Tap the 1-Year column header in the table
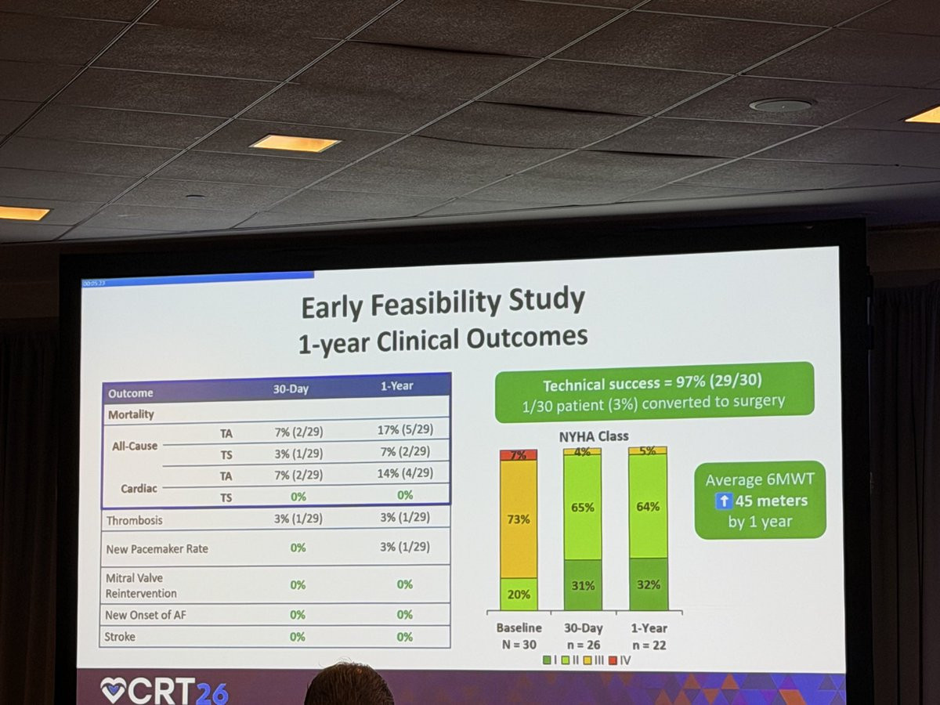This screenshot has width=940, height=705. tap(396, 386)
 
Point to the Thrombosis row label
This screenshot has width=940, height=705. tap(135, 519)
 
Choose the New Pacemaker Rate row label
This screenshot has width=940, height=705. tap(157, 549)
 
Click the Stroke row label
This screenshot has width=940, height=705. tap(120, 637)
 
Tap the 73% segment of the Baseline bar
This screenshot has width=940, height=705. tap(519, 519)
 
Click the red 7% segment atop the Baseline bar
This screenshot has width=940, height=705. tap(519, 455)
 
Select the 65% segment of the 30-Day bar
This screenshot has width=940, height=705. tap(582, 507)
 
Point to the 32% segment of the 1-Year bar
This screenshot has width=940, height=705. tap(648, 584)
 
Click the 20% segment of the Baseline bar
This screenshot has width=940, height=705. tap(519, 594)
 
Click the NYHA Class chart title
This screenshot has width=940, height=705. tap(593, 436)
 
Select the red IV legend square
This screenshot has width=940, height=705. tap(613, 660)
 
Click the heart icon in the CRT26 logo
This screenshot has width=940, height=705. tap(112, 689)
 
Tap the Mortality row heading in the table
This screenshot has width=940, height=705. tap(131, 414)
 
